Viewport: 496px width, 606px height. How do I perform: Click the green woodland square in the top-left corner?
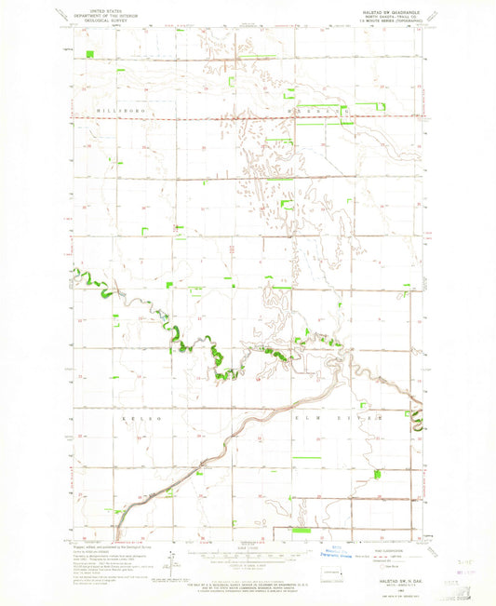pyautogui.click(x=89, y=53)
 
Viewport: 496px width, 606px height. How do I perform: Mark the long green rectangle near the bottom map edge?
pyautogui.click(x=302, y=530)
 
